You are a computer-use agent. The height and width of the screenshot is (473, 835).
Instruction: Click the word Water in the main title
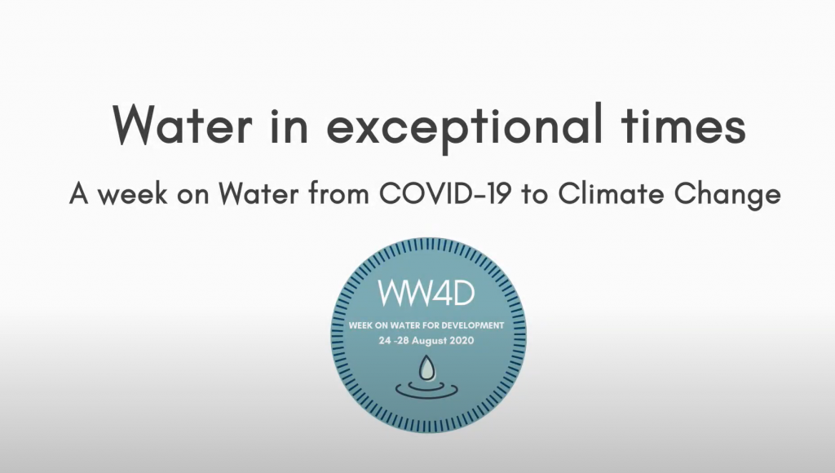tap(182, 124)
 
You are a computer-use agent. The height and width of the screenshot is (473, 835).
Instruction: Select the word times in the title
tap(684, 124)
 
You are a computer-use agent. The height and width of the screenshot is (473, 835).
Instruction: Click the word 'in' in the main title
tap(289, 125)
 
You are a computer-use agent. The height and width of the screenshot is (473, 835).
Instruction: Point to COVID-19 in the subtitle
tap(445, 194)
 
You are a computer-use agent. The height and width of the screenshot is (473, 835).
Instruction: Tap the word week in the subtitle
tap(133, 194)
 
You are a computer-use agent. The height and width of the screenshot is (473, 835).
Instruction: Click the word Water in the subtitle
tap(259, 194)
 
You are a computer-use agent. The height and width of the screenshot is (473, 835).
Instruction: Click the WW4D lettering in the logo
tap(426, 293)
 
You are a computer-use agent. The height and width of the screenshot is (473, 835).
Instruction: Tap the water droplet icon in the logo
tap(426, 368)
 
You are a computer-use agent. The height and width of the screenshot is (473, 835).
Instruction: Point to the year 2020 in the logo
tap(462, 341)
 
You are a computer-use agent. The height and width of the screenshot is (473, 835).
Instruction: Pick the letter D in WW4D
tap(464, 293)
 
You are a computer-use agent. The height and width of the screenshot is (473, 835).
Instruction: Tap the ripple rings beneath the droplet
tap(426, 391)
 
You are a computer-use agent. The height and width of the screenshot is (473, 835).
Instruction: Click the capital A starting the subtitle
tap(79, 194)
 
